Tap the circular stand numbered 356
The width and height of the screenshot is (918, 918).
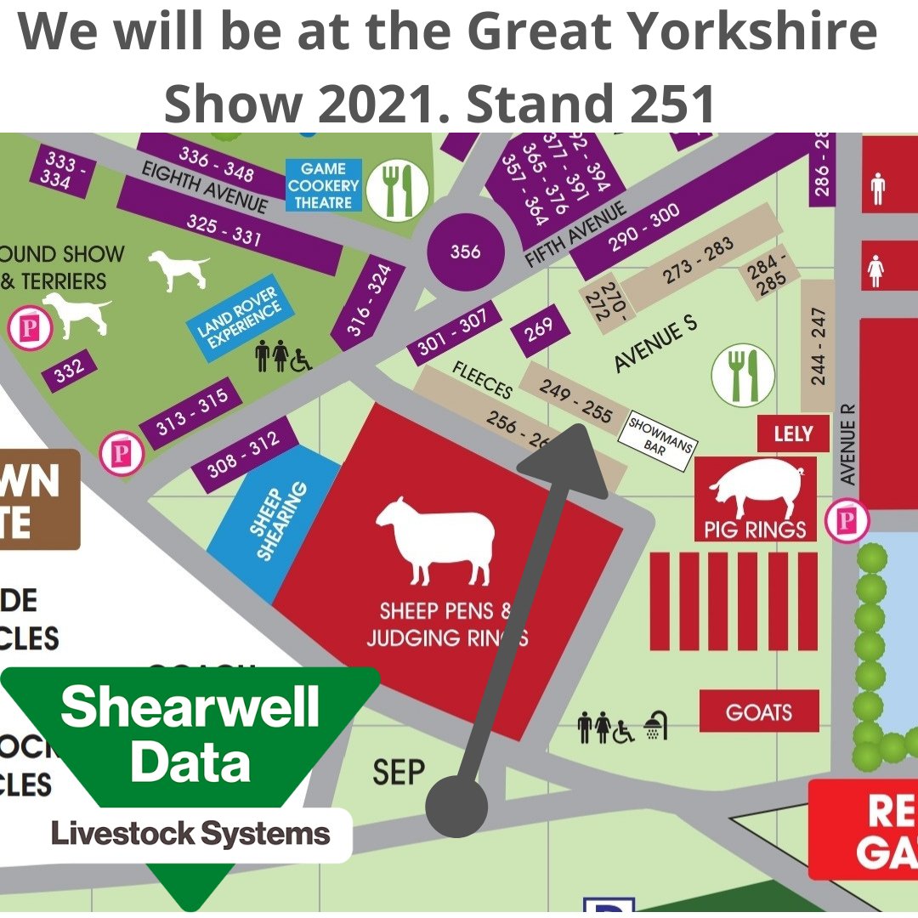pos(465,252)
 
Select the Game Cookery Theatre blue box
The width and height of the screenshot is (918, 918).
pos(324,185)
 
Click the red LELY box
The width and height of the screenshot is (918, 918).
pos(792,434)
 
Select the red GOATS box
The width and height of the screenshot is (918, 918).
pos(758,711)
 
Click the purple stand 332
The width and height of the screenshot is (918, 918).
pos(69,370)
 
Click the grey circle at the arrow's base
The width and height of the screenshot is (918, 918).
pos(456,806)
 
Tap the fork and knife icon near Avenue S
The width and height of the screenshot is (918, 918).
pos(743,374)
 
